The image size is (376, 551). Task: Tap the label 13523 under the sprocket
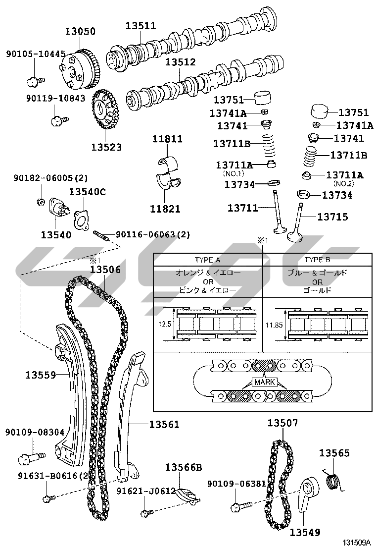pos(106,147)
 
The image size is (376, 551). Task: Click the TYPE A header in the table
pos(207,260)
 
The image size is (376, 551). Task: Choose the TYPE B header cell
pos(317,260)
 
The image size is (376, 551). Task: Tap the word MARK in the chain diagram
pos(263,382)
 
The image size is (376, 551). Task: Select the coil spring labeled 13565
pos(333,481)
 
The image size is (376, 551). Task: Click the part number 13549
pos(305,533)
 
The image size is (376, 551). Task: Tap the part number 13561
pos(164,424)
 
